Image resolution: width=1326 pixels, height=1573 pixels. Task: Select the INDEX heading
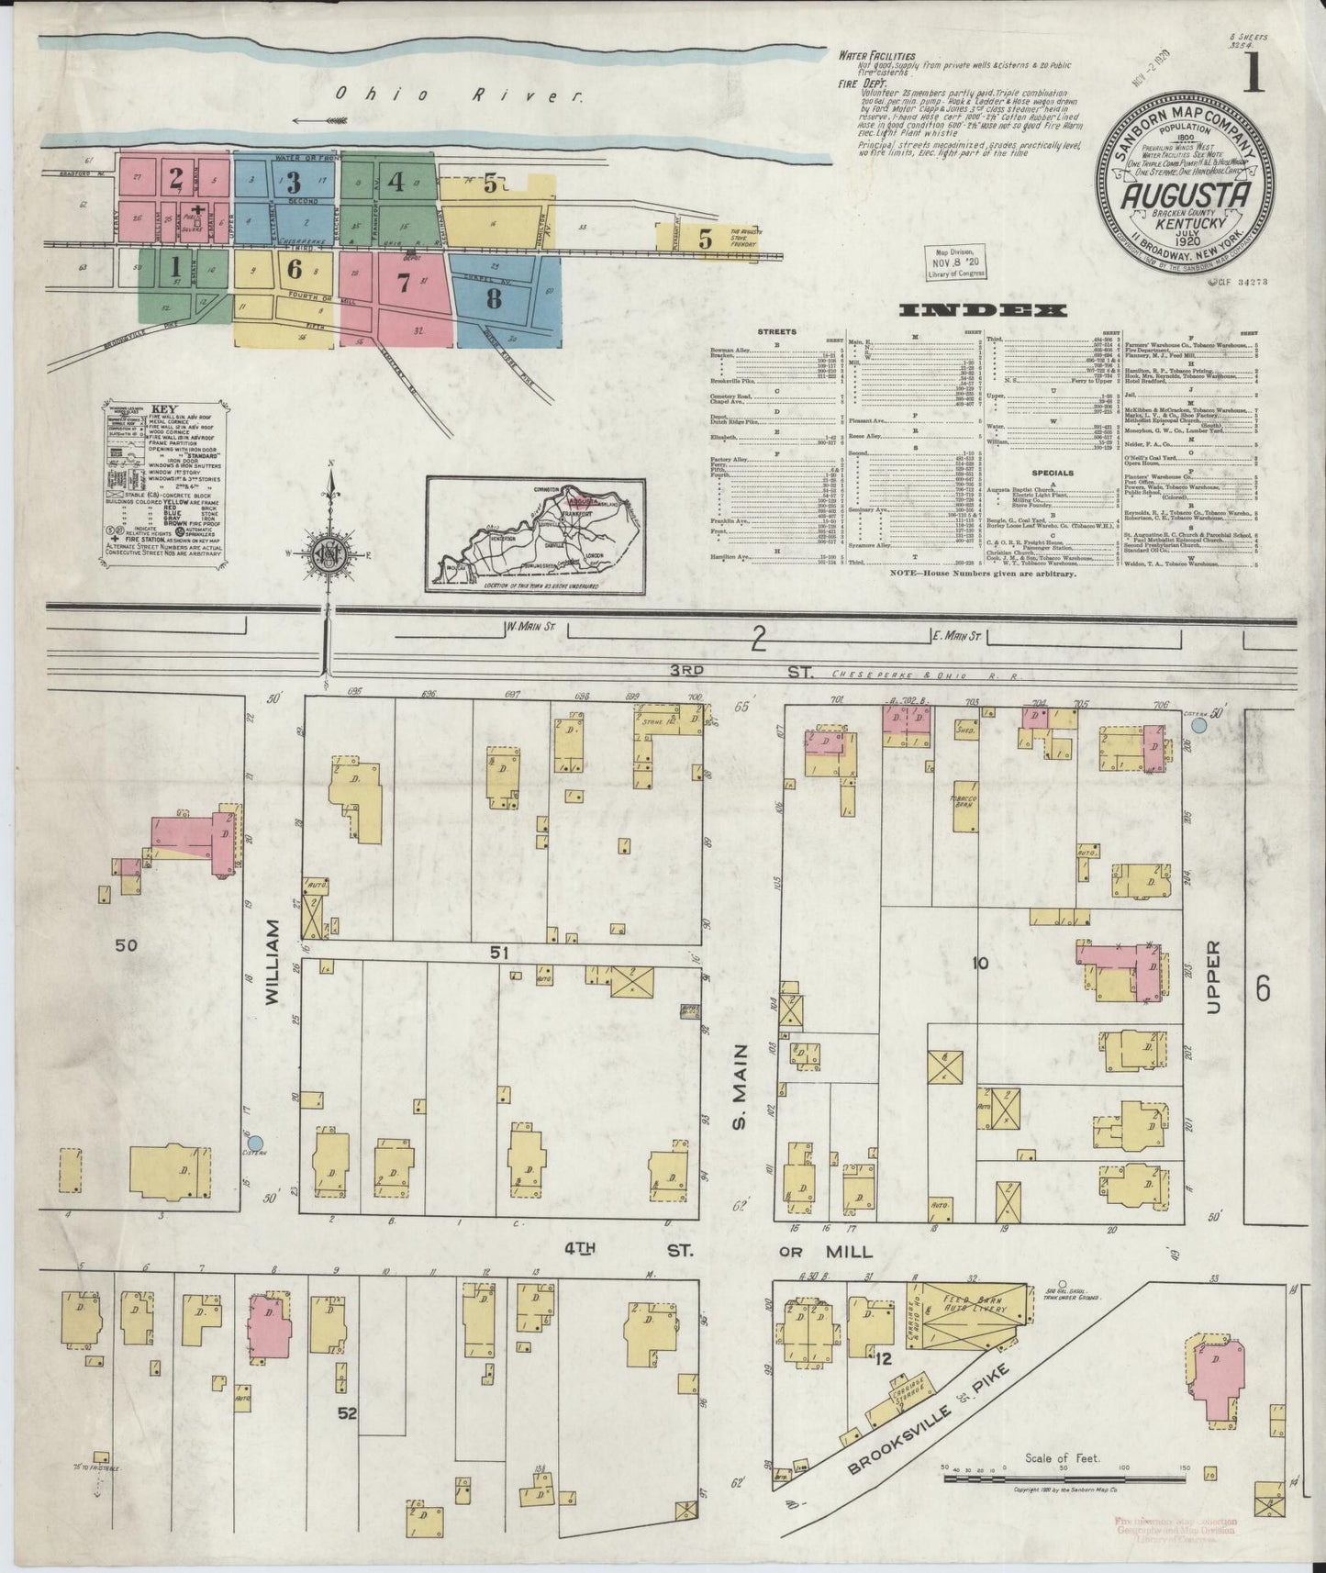point(984,311)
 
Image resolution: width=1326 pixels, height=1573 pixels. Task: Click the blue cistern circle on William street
point(256,1143)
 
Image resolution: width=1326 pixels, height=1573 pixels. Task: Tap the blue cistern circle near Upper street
point(1198,725)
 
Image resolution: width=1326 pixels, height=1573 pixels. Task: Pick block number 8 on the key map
point(495,298)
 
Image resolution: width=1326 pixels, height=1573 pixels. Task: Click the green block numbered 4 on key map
point(396,181)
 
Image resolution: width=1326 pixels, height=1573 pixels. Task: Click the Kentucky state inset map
point(535,535)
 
